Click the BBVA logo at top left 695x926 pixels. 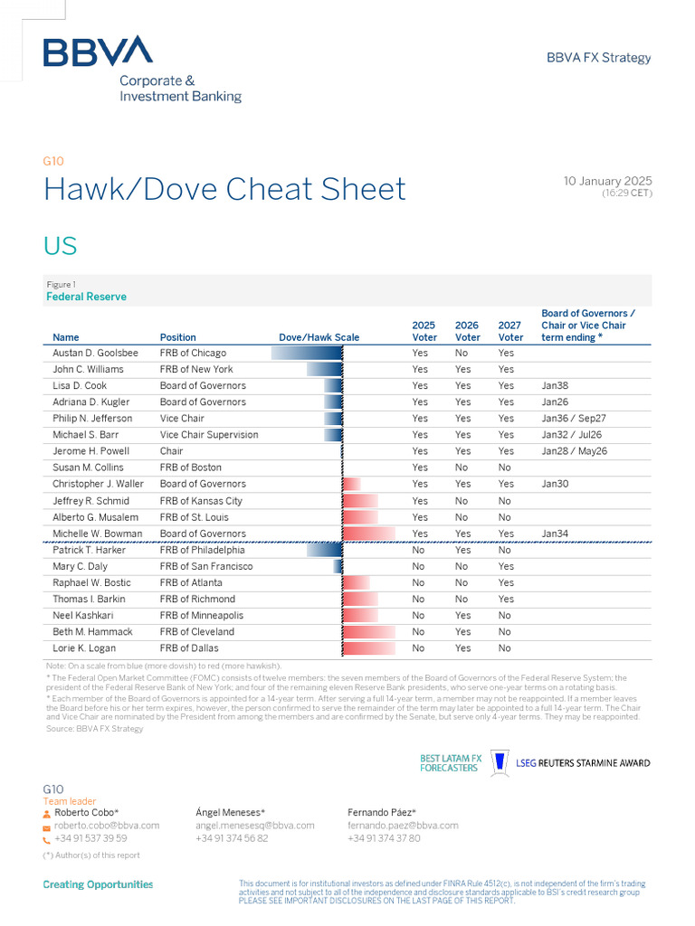(98, 52)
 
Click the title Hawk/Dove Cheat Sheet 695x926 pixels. (224, 190)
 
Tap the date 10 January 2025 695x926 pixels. (607, 182)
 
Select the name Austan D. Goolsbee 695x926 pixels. (95, 353)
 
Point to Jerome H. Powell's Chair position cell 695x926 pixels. (171, 451)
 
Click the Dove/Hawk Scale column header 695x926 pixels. (319, 337)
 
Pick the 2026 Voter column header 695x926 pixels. (467, 331)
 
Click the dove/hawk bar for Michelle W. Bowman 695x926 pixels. (369, 534)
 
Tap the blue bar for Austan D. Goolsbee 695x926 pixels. (307, 353)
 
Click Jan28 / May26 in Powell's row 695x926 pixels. (575, 451)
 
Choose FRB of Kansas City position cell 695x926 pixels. (201, 501)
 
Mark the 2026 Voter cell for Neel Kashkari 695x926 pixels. (462, 616)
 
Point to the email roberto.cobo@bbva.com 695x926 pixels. (107, 826)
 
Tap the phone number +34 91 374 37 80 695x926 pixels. (384, 838)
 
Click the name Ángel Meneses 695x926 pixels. (230, 812)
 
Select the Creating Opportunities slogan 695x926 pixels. (98, 884)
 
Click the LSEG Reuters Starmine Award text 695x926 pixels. (583, 763)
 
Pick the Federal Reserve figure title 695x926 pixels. (86, 297)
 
